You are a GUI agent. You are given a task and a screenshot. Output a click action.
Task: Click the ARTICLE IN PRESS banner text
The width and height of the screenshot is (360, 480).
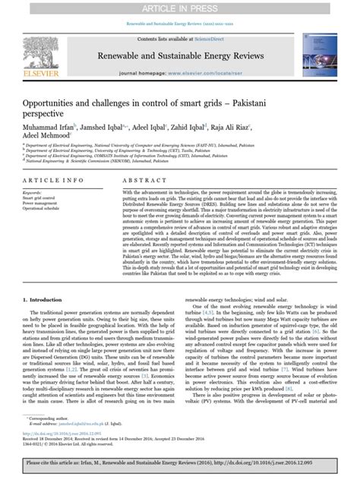180,8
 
